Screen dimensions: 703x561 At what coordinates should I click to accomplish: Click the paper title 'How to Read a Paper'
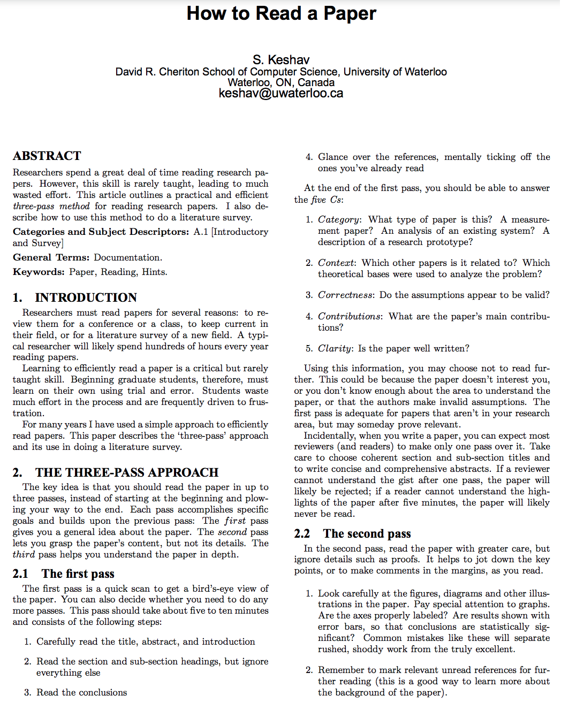pyautogui.click(x=281, y=13)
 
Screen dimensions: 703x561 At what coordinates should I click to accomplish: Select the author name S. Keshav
pyautogui.click(x=281, y=60)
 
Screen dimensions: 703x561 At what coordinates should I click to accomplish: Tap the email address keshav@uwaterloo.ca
pyautogui.click(x=281, y=94)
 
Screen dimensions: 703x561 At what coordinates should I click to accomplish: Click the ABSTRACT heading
pyautogui.click(x=47, y=156)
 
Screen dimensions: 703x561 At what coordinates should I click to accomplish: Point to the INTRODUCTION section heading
pyautogui.click(x=86, y=297)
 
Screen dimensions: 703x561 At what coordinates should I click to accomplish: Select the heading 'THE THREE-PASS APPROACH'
pyautogui.click(x=127, y=472)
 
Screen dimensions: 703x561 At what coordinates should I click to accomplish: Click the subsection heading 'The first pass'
pyautogui.click(x=78, y=574)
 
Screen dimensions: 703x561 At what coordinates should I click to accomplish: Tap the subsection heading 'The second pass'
pyautogui.click(x=367, y=533)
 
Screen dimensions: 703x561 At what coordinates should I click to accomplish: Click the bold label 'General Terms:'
pyautogui.click(x=51, y=257)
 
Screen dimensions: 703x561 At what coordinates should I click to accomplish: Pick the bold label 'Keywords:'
pyautogui.click(x=39, y=272)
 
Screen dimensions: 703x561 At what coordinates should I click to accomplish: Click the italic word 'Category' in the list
pyautogui.click(x=338, y=219)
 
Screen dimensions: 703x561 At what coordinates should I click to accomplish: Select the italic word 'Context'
pyautogui.click(x=336, y=263)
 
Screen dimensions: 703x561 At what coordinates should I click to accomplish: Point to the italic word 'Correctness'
pyautogui.click(x=345, y=295)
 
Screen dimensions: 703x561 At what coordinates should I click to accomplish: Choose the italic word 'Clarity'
pyautogui.click(x=335, y=348)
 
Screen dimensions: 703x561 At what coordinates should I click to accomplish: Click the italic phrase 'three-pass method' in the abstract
pyautogui.click(x=51, y=206)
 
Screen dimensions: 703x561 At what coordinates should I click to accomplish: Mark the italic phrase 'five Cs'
pyautogui.click(x=326, y=200)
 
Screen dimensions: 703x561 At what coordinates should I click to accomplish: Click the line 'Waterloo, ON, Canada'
pyautogui.click(x=281, y=82)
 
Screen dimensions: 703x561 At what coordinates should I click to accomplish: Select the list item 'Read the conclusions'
pyautogui.click(x=81, y=692)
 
